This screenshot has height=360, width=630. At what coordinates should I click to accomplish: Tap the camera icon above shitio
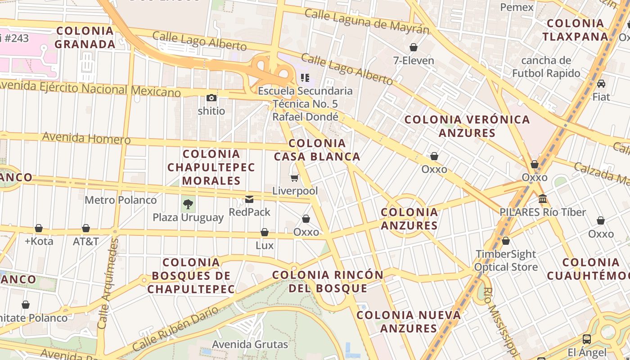pyautogui.click(x=211, y=98)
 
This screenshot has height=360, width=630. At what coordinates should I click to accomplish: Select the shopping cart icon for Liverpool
pyautogui.click(x=295, y=178)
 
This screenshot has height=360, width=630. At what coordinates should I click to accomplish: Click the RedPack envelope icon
pyautogui.click(x=249, y=199)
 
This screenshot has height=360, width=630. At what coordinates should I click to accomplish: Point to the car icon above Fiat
pyautogui.click(x=601, y=84)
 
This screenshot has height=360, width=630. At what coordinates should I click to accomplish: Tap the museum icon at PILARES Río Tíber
pyautogui.click(x=543, y=198)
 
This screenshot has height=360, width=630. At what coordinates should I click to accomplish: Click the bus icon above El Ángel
pyautogui.click(x=587, y=339)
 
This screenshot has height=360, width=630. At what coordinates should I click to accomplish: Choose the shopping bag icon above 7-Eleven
pyautogui.click(x=414, y=47)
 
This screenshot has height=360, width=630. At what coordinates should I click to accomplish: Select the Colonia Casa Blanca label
pyautogui.click(x=317, y=150)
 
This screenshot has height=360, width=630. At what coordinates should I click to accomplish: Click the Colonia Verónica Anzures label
pyautogui.click(x=467, y=126)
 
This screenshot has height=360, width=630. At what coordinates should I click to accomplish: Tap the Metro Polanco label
pyautogui.click(x=121, y=200)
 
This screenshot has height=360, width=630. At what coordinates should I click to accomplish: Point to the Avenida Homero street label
pyautogui.click(x=86, y=138)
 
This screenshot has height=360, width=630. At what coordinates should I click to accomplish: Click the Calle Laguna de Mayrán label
pyautogui.click(x=367, y=21)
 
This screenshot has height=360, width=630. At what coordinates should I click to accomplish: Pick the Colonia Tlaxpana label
pyautogui.click(x=575, y=30)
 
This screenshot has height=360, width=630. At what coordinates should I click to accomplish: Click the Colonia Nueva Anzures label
pyautogui.click(x=409, y=321)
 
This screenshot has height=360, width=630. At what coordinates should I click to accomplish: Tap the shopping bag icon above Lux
pyautogui.click(x=265, y=232)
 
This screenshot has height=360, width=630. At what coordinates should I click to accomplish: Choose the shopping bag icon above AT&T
pyautogui.click(x=86, y=228)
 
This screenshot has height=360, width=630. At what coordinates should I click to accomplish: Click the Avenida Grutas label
pyautogui.click(x=250, y=345)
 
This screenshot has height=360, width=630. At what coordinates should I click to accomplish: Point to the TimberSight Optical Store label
pyautogui.click(x=507, y=261)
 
